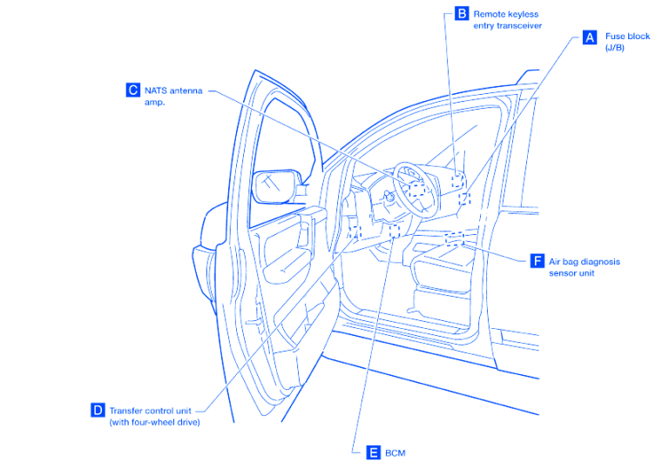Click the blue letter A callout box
pos(589,37)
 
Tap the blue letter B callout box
pos(461,14)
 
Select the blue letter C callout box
pos(132,90)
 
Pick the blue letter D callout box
pos(98,410)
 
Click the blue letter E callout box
pos(373,452)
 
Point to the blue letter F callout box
pos(537,261)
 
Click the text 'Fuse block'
pos(627,37)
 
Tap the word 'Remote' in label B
pos(490,14)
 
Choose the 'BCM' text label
pos(395,452)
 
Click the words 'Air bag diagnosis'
pos(584,261)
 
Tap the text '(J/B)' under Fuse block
pos(615,48)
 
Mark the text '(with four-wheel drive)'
pos(154,422)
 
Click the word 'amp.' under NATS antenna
pos(155,102)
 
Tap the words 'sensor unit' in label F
pos(571,273)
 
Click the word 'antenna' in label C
pos(187,90)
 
